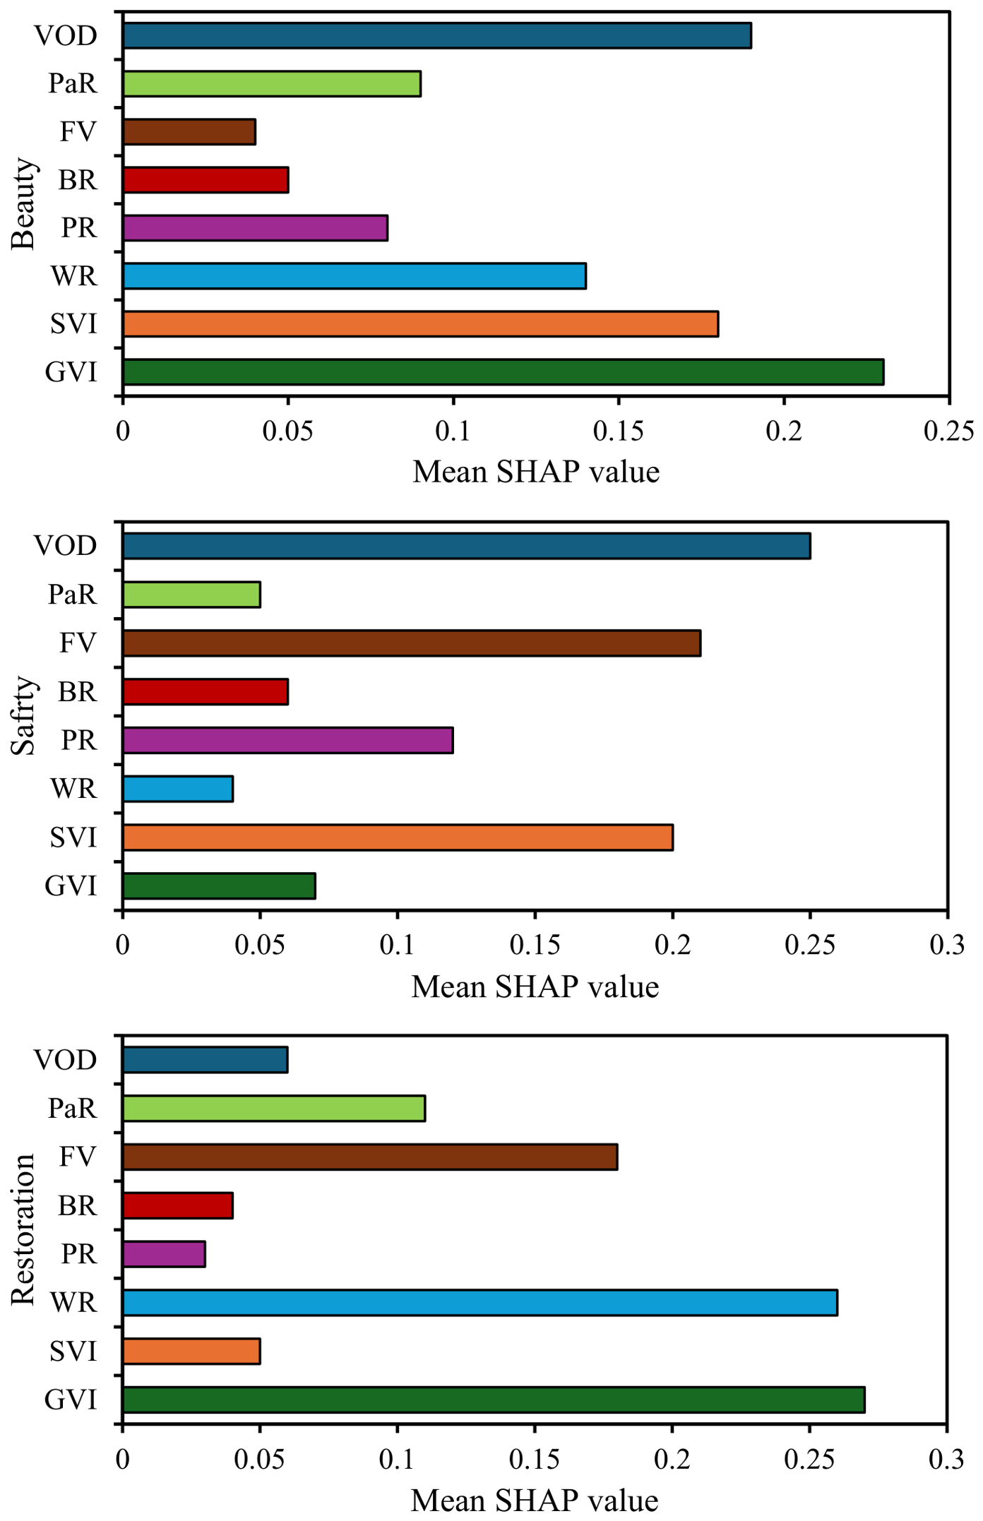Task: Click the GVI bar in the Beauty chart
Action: tap(504, 372)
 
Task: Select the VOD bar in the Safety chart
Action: tap(467, 546)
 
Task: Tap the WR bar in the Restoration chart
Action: tap(480, 1303)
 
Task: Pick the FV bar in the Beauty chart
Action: tap(189, 132)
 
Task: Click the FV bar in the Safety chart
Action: tap(412, 643)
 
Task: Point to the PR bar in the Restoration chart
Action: tap(164, 1254)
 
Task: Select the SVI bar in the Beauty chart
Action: tap(421, 323)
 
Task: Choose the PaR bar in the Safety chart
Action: tap(191, 595)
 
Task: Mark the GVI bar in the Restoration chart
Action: tap(494, 1400)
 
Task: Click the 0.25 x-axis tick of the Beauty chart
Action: tap(949, 431)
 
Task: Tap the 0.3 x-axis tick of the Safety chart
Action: tap(947, 945)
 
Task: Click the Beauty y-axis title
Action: tap(23, 204)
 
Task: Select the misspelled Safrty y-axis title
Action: tap(23, 716)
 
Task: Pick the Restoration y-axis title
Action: tap(23, 1229)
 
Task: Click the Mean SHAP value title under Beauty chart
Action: tap(536, 472)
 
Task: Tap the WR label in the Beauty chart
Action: tap(73, 276)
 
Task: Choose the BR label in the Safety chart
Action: tap(77, 692)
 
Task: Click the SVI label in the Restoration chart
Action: tap(73, 1352)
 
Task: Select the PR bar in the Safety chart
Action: tap(288, 741)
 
